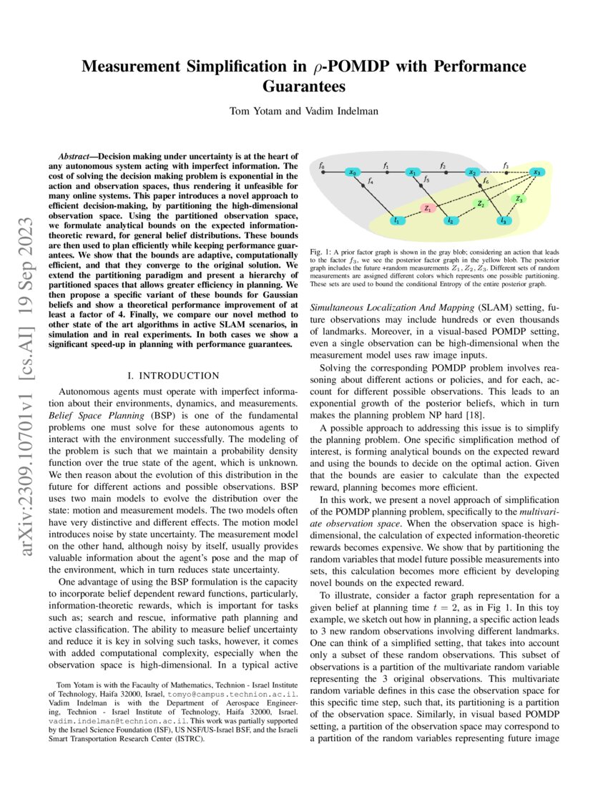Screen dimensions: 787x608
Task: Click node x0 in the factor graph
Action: (352, 172)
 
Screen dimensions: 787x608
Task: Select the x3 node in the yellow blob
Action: (537, 172)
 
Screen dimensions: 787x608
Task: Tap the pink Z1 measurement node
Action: (427, 209)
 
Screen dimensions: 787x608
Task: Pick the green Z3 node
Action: (519, 199)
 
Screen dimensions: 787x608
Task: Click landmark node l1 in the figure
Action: (396, 221)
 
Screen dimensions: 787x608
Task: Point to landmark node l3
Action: (504, 221)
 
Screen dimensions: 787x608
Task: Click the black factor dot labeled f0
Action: (323, 172)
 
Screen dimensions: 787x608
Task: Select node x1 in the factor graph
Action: (412, 172)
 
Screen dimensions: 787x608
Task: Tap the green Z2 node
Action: (481, 204)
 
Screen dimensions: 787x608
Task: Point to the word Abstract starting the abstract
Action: (77, 155)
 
